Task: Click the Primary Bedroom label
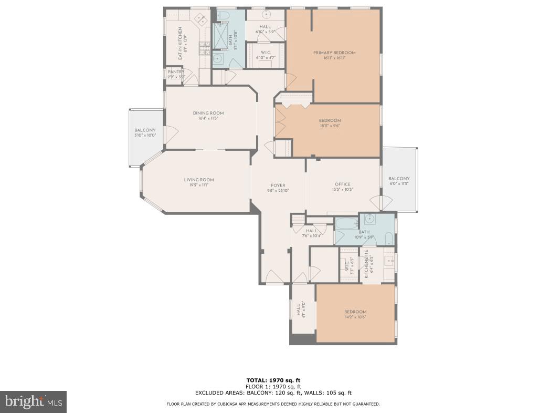click(x=334, y=53)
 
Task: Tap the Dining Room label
click(x=208, y=113)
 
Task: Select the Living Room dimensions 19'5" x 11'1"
click(x=198, y=185)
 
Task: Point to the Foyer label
click(x=278, y=185)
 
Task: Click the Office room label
click(x=342, y=184)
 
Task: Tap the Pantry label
click(x=176, y=72)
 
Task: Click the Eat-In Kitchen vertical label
click(x=180, y=43)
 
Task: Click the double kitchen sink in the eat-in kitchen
click(x=201, y=20)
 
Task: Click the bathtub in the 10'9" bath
click(x=346, y=223)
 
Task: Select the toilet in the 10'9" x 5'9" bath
click(x=388, y=239)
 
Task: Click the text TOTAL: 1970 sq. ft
click(x=273, y=380)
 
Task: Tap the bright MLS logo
click(x=33, y=402)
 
